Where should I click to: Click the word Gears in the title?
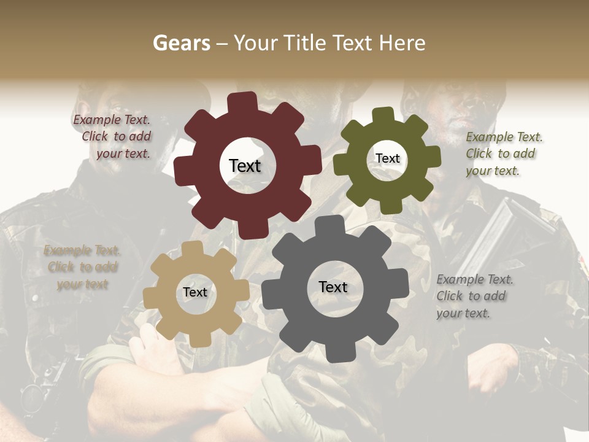181,43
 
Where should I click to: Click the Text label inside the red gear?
245,166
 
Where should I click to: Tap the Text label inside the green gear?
387,158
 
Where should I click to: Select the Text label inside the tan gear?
195,292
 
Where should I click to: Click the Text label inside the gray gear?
333,287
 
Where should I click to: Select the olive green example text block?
503,153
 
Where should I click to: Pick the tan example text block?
82,267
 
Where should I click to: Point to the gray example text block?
474,296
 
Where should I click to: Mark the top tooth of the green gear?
384,114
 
